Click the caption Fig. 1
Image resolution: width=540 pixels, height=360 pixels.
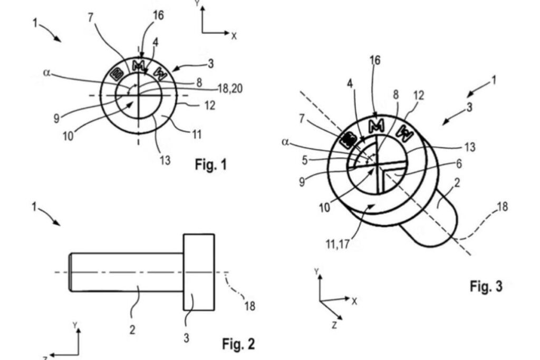[x=211, y=165]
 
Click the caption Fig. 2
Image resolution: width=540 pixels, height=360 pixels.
[x=238, y=344]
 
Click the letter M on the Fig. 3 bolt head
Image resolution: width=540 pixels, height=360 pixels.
[x=376, y=126]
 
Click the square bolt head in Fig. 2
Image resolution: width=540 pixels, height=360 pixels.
[x=199, y=272]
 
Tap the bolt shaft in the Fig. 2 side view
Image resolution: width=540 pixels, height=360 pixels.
[x=127, y=272]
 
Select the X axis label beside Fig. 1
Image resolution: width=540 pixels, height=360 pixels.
[x=234, y=36]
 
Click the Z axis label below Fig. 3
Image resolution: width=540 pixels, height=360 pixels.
[x=334, y=325]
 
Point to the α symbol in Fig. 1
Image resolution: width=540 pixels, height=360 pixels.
[x=46, y=73]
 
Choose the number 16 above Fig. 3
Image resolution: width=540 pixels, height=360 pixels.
[x=375, y=61]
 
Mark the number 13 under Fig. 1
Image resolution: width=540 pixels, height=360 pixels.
[x=165, y=159]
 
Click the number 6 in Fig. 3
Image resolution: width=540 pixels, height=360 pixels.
[x=459, y=164]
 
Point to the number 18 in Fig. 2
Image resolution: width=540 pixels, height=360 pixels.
[x=250, y=305]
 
